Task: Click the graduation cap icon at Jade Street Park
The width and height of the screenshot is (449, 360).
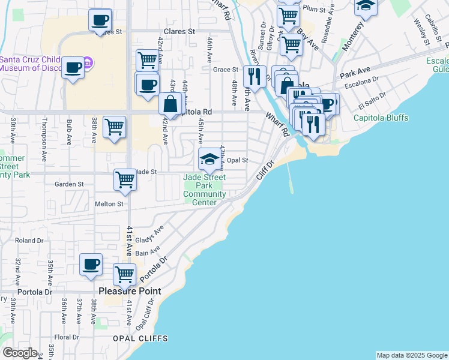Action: (x=209, y=159)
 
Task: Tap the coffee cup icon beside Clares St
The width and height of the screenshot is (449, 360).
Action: (x=100, y=20)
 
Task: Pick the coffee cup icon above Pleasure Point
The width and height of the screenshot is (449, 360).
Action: (x=91, y=264)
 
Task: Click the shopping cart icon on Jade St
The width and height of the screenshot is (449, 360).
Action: (x=125, y=179)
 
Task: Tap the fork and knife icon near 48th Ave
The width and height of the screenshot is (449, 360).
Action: (x=255, y=76)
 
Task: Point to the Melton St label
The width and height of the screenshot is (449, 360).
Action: (x=109, y=204)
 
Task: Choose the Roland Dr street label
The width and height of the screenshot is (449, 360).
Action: (x=26, y=241)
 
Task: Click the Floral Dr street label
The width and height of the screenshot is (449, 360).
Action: (x=67, y=337)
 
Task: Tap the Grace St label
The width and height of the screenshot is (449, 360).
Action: (x=226, y=70)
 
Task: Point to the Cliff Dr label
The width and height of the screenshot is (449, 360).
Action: (x=265, y=170)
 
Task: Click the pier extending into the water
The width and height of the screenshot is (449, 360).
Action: (x=290, y=178)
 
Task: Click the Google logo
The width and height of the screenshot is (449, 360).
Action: (x=20, y=353)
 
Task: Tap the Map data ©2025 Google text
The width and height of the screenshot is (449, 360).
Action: (x=411, y=355)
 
